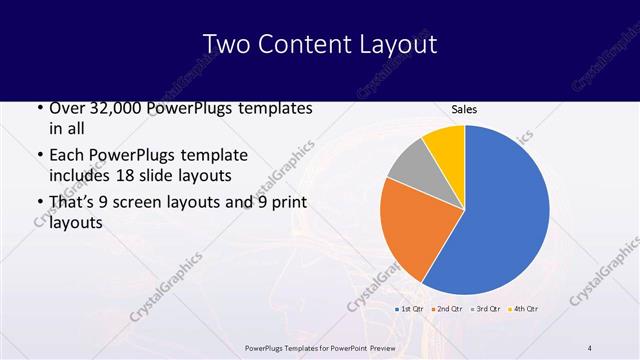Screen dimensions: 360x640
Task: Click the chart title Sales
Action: [463, 108]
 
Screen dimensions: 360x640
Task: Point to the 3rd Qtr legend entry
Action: [486, 308]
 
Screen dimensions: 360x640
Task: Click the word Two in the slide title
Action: [224, 44]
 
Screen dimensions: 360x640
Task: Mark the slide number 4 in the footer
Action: [590, 347]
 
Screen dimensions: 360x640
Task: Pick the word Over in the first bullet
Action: [66, 108]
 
